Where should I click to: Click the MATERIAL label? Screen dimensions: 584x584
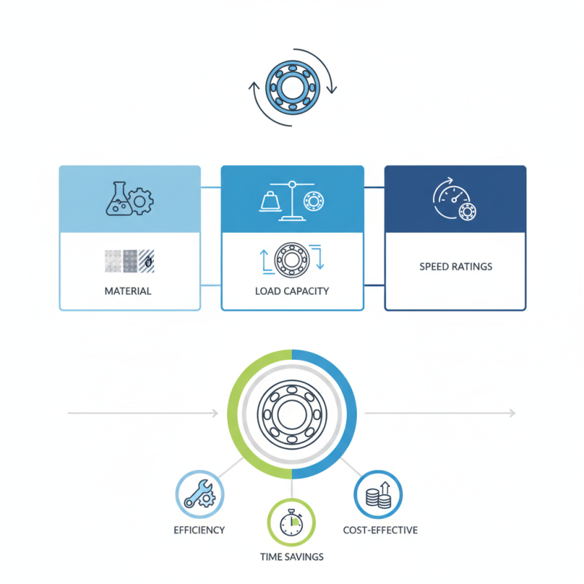(129, 291)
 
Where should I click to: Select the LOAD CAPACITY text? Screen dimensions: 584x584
(292, 291)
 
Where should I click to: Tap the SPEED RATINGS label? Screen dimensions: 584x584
(456, 266)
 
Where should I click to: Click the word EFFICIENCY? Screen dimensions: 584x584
(199, 529)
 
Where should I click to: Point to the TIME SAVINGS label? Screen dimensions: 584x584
(292, 556)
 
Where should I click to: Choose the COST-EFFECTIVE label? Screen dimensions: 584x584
(380, 529)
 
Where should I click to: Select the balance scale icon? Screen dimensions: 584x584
(281, 199)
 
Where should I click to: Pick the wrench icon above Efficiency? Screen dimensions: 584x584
(199, 494)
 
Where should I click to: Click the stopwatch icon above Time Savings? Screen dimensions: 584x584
(292, 521)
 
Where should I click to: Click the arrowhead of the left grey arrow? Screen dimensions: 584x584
(215, 414)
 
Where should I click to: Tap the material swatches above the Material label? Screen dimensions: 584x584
(128, 260)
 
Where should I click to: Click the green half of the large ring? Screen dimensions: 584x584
(235, 414)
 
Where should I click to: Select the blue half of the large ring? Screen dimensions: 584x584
(349, 414)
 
